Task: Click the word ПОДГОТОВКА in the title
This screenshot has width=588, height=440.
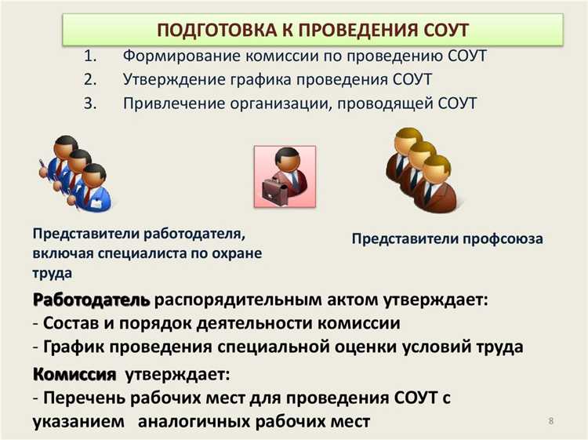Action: click(209, 31)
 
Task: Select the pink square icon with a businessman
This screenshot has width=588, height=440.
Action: click(284, 175)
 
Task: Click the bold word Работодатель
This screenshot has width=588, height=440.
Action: click(92, 300)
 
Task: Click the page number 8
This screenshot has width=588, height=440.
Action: click(551, 422)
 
